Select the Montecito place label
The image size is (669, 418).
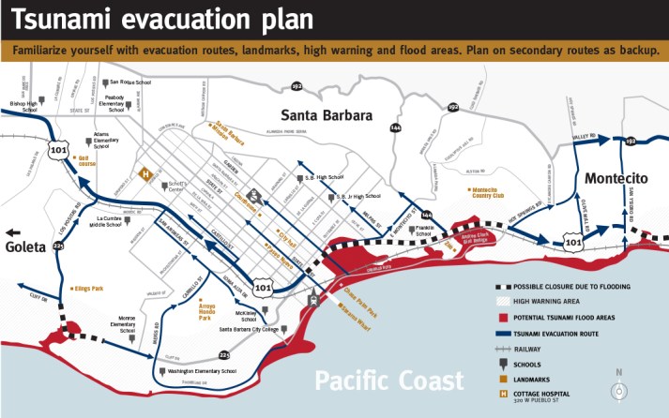coord(619,178)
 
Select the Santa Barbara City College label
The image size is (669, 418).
coord(255,330)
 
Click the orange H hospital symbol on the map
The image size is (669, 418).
coord(145,172)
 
